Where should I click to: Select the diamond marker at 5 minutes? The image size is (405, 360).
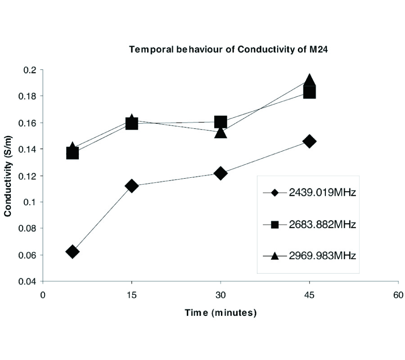tap(72, 252)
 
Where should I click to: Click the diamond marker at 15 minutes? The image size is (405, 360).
tap(131, 185)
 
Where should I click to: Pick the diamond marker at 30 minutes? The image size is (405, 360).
tap(220, 173)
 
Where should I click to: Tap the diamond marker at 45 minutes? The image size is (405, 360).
tap(309, 141)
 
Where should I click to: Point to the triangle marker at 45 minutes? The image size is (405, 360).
tap(309, 81)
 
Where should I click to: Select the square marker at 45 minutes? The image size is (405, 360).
tap(309, 93)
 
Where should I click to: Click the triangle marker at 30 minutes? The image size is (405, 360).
tap(220, 132)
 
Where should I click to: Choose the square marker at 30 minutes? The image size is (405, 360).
tap(220, 121)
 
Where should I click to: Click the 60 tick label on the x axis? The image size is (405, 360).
tap(398, 295)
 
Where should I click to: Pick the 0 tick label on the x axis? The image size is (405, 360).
tap(43, 295)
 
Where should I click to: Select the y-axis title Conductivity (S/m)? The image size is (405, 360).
tap(8, 175)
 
